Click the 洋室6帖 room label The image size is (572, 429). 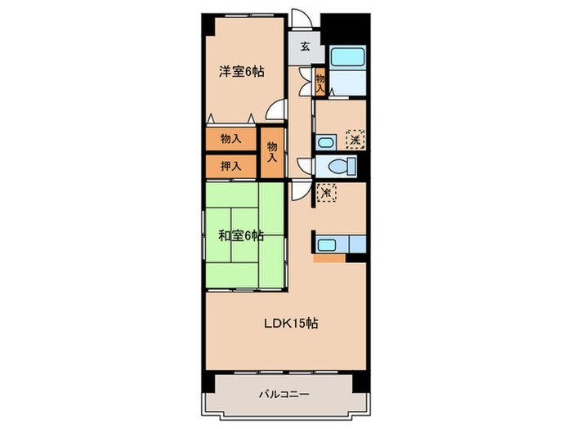(240, 72)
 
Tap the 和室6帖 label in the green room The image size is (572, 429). (240, 235)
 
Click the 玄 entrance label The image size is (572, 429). (303, 47)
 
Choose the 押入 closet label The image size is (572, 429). (230, 166)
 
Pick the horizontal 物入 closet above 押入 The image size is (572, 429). (230, 139)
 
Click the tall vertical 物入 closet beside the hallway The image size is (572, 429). (273, 151)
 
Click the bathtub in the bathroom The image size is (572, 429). (346, 60)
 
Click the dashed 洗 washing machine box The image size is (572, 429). (355, 139)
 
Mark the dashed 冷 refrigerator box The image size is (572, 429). (326, 193)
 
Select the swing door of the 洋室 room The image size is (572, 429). (279, 109)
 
